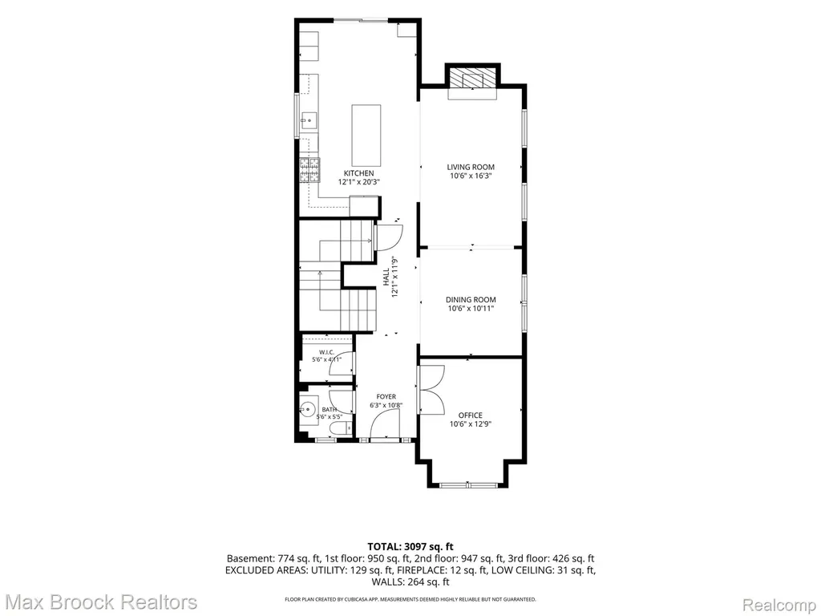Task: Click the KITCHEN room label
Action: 358,173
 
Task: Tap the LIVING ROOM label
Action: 471,167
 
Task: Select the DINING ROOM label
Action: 471,300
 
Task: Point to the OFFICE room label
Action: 471,415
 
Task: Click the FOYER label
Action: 386,396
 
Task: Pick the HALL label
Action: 386,277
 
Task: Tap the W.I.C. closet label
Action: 327,352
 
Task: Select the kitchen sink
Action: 309,121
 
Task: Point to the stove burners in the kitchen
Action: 309,170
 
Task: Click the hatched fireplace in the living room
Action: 473,79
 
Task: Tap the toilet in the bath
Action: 342,428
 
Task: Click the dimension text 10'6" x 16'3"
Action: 471,176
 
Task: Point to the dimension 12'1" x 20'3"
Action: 358,182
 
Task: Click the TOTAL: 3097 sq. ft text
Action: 410,547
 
